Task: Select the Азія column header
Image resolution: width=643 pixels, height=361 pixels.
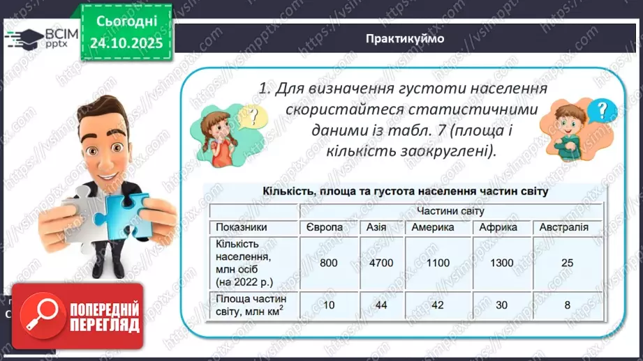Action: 381,227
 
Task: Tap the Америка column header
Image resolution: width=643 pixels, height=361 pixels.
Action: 433,227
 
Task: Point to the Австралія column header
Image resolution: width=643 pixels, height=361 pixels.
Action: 563,227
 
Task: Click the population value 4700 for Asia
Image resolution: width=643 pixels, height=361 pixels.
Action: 381,263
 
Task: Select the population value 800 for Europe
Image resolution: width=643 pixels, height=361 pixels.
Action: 329,263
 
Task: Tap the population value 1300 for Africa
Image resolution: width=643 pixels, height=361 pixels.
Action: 501,263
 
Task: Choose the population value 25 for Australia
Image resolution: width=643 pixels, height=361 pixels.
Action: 567,263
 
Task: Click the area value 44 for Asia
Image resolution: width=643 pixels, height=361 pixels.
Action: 381,305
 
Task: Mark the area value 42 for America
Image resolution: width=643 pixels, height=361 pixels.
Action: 436,305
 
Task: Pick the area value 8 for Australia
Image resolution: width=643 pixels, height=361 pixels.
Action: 567,305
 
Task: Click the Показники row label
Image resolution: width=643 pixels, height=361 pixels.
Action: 241,227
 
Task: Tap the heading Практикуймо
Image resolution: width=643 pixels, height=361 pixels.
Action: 404,38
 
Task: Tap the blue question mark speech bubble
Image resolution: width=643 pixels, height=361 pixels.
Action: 602,110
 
